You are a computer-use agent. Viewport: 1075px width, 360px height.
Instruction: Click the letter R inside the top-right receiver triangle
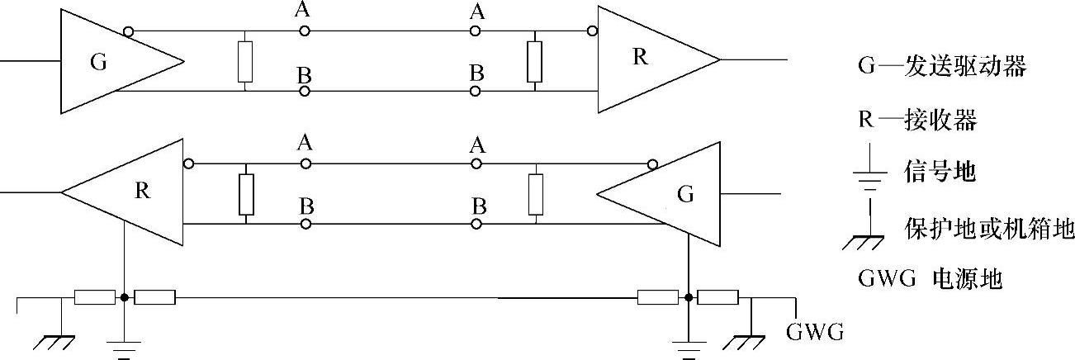point(640,57)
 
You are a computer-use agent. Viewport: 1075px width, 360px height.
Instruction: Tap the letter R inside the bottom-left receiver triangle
point(142,191)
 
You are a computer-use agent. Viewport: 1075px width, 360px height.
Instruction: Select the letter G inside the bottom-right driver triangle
point(684,196)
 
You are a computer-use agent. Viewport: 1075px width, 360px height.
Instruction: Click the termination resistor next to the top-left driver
point(244,62)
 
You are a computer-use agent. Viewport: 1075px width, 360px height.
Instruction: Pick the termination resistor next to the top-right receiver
point(534,62)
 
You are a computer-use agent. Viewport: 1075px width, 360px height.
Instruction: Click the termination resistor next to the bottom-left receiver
point(244,194)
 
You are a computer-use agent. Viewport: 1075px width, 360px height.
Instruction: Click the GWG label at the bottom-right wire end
point(814,333)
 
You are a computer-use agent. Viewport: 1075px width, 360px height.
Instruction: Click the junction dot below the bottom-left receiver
point(124,297)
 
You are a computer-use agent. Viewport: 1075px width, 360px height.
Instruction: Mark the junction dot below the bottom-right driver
point(688,297)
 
